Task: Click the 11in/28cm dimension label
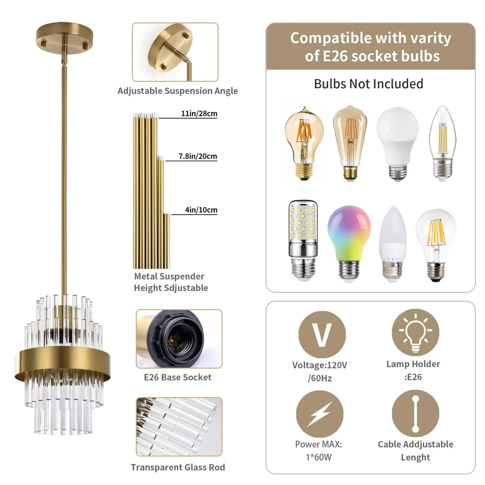(x=198, y=114)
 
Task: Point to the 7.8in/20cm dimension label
(x=198, y=157)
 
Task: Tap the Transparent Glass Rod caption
(x=178, y=467)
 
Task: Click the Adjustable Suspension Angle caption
(x=178, y=91)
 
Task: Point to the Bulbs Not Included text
(x=369, y=83)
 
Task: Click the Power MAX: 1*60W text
(x=319, y=451)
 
